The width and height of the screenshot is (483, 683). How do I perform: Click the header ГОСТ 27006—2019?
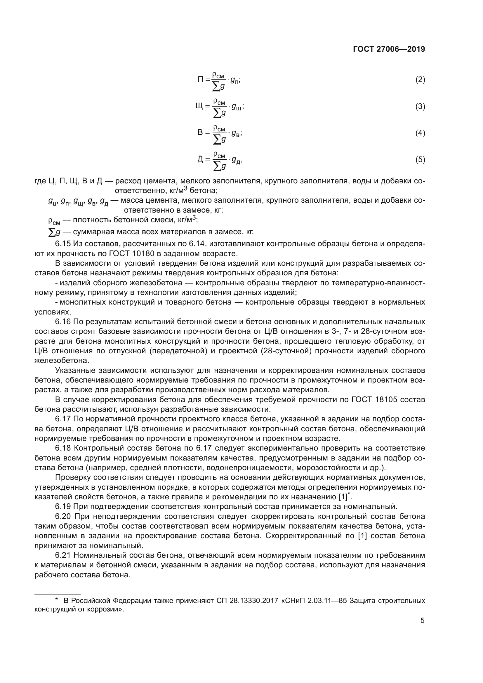pos(389,49)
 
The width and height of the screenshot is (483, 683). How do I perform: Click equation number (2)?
pos(420,80)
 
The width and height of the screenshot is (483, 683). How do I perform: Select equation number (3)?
pos(420,107)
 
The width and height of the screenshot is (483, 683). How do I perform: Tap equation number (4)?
pos(420,133)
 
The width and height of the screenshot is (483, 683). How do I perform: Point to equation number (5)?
pos(420,160)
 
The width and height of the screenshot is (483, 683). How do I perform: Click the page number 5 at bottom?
pos(422,621)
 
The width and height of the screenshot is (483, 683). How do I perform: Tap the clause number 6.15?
pos(63,244)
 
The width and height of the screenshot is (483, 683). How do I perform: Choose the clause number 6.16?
pos(63,322)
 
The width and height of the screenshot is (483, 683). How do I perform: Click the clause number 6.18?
pos(63,448)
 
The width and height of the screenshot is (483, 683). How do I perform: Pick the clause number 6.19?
pos(63,507)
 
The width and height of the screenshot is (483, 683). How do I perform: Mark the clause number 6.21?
pos(63,555)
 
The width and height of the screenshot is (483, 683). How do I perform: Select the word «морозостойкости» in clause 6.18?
pos(328,468)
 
